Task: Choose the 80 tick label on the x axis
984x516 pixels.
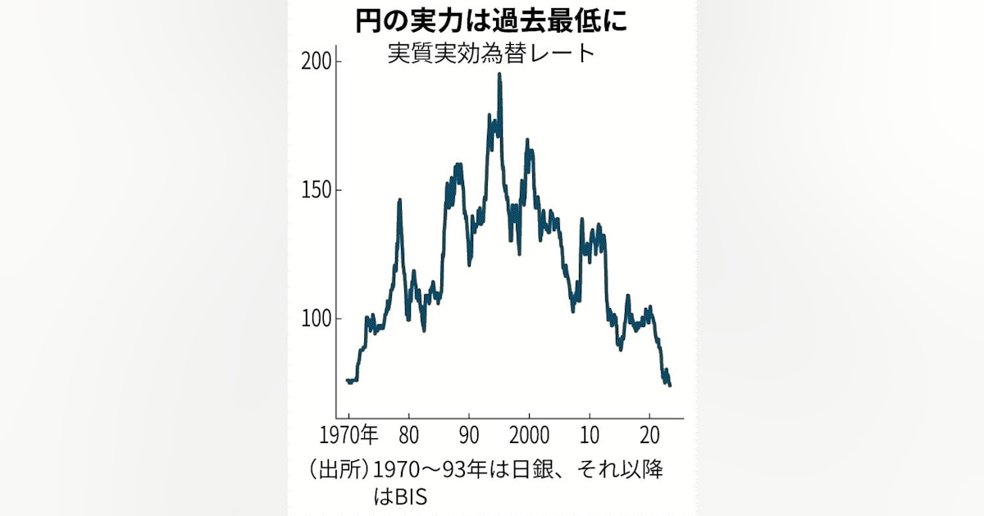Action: pos(409,434)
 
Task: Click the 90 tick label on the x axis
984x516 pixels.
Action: pos(469,434)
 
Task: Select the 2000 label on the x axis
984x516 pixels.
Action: pos(529,434)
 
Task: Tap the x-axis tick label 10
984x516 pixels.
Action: pos(589,434)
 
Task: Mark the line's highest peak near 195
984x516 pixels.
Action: pos(499,75)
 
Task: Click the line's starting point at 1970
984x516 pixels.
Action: pos(348,380)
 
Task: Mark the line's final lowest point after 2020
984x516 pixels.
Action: pos(670,385)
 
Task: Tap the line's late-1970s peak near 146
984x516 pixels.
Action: pos(399,200)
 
